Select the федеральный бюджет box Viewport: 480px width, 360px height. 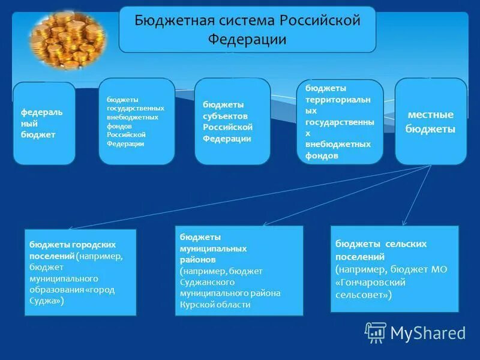pyautogui.click(x=44, y=124)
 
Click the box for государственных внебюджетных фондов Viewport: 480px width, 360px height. pyautogui.click(x=137, y=121)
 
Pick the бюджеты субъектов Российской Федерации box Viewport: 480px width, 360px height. pyautogui.click(x=232, y=121)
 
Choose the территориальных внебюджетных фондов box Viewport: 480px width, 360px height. pyautogui.click(x=340, y=122)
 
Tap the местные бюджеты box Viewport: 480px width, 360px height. pyautogui.click(x=430, y=121)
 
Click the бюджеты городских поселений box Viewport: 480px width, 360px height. pyautogui.click(x=80, y=272)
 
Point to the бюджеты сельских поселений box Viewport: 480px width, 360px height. pyautogui.click(x=394, y=269)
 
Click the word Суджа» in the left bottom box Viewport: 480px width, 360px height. pyautogui.click(x=49, y=301)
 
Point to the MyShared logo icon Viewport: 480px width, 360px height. pyautogui.click(x=376, y=332)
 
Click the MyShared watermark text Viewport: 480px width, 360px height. pyautogui.click(x=428, y=333)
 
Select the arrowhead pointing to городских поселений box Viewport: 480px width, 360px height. pyautogui.click(x=69, y=229)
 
